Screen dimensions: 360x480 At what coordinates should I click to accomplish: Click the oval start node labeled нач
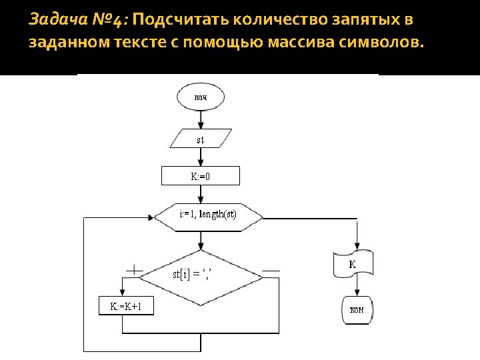coord(201,98)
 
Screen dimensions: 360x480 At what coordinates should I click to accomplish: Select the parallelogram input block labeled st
coord(201,139)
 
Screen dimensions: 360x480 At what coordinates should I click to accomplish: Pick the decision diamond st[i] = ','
coord(201,273)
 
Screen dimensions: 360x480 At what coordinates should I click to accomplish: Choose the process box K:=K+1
coord(126,306)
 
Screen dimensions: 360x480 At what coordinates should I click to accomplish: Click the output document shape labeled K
coord(353,265)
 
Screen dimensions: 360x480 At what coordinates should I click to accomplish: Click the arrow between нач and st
coord(201,120)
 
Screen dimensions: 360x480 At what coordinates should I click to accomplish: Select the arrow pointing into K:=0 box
coord(201,160)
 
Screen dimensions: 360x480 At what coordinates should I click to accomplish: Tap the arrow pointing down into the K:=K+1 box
coord(121,288)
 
